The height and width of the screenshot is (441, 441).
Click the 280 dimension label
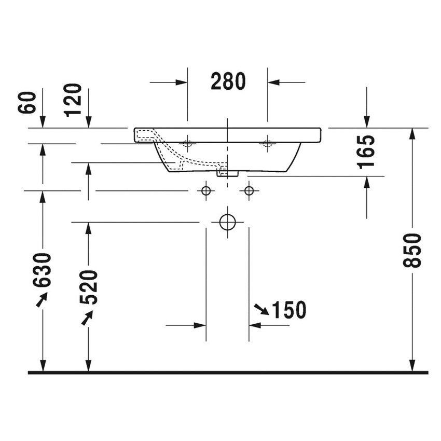(x=228, y=81)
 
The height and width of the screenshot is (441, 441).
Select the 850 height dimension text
(x=412, y=250)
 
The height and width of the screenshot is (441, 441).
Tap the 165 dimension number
(x=367, y=151)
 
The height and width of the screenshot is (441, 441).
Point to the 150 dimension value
(x=289, y=310)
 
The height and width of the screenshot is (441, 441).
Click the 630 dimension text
(x=43, y=270)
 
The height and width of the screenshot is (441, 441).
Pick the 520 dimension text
(x=88, y=287)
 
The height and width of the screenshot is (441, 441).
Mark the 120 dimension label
(x=74, y=100)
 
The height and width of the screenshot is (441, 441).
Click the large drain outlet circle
(x=227, y=222)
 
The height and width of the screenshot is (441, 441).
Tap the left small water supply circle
(x=206, y=191)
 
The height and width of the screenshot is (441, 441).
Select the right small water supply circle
(x=249, y=191)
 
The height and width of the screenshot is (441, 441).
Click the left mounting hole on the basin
(x=187, y=143)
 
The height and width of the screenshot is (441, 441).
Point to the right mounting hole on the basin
(x=268, y=143)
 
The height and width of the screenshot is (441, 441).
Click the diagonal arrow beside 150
(x=261, y=310)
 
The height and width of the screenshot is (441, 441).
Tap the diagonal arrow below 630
(x=42, y=299)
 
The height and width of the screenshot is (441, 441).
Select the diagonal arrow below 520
(x=87, y=317)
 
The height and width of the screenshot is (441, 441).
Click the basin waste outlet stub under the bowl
(x=227, y=173)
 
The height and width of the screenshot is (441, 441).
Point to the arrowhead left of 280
(x=181, y=82)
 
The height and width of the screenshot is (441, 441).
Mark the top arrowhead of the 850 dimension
(x=412, y=133)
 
